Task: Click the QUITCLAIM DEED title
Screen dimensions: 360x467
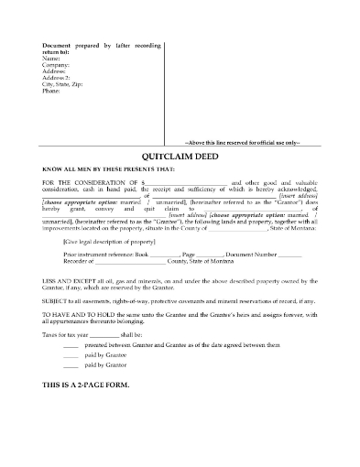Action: pyautogui.click(x=180, y=157)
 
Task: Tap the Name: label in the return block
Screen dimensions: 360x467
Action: pyautogui.click(x=49, y=59)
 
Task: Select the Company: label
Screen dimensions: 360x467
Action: pyautogui.click(x=54, y=66)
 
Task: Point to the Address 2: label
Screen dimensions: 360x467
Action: pyautogui.click(x=55, y=79)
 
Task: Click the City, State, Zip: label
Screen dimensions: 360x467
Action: pyautogui.click(x=63, y=85)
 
